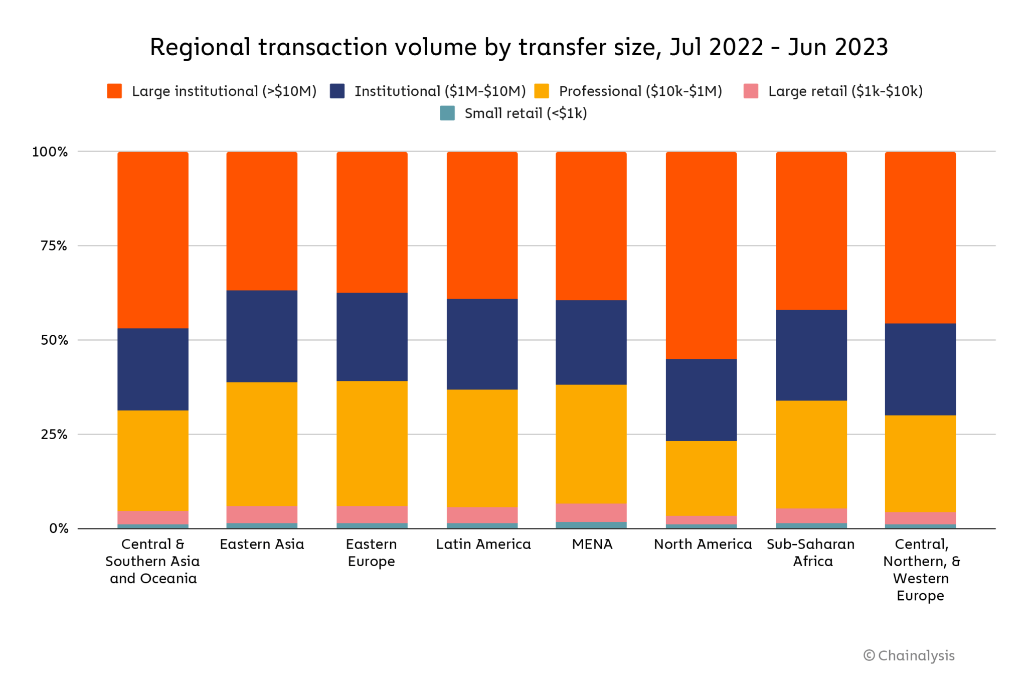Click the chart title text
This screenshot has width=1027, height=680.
(519, 47)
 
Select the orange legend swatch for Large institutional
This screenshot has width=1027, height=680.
(114, 91)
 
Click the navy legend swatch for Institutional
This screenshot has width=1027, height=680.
(337, 91)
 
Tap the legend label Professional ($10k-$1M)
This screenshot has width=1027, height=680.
(640, 91)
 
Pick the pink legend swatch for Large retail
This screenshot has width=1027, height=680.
(750, 91)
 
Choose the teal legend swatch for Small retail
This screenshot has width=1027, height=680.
(447, 113)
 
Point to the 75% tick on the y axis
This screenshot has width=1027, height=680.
(54, 245)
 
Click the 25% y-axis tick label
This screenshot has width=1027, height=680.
(54, 434)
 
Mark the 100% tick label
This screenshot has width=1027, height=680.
(50, 152)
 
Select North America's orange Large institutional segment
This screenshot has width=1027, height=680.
(701, 255)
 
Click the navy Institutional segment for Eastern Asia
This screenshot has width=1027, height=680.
(262, 336)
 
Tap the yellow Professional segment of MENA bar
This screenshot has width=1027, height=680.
(591, 444)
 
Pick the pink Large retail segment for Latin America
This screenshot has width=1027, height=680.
(482, 515)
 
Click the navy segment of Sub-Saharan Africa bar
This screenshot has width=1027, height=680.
(811, 355)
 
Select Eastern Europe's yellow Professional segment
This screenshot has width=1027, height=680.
(372, 443)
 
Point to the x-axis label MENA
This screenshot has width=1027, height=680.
(592, 545)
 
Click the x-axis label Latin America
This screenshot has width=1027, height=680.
(483, 545)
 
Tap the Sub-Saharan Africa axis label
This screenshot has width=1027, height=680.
(811, 553)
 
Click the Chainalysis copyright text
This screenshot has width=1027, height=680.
(909, 655)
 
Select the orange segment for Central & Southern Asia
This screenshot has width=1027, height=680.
(153, 240)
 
